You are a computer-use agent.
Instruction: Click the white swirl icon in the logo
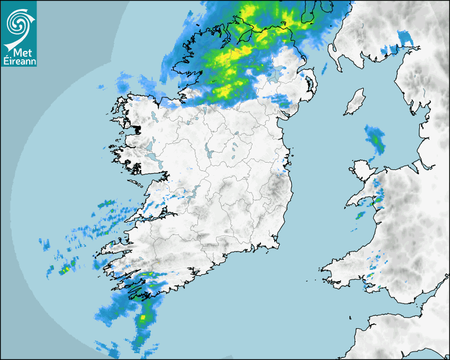point(18,23)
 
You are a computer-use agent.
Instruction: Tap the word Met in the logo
point(20,52)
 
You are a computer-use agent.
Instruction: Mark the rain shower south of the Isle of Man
point(375,139)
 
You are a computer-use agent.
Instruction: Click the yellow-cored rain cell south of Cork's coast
point(143,317)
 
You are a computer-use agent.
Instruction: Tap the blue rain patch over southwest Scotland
point(405,38)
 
